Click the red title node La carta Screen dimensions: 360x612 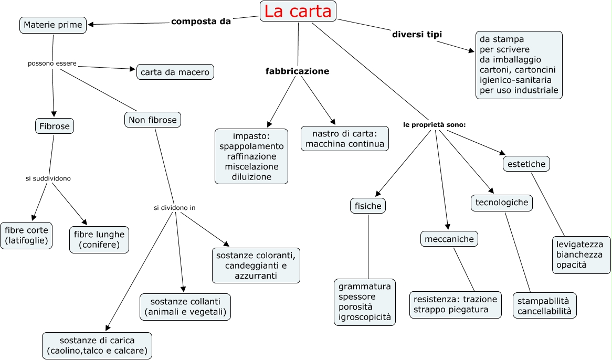pos(298,11)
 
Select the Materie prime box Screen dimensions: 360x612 pos(53,25)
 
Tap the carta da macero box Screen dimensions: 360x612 pos(175,72)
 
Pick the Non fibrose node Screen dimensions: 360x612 pos(153,120)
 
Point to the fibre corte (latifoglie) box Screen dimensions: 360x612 pos(26,235)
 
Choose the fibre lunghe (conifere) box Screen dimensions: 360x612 pos(99,239)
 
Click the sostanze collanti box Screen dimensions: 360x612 pos(185,306)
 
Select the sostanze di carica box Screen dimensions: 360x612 pos(97,345)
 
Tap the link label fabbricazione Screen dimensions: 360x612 pos(297,71)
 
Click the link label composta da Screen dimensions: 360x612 pos(201,22)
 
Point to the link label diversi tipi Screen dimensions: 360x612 pos(417,35)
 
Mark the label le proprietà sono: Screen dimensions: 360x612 pos(435,125)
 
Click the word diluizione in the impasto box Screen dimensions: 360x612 pos(251,177)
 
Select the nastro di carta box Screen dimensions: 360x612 pos(345,139)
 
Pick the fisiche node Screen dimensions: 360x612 pos(368,206)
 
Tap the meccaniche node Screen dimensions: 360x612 pos(449,239)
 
